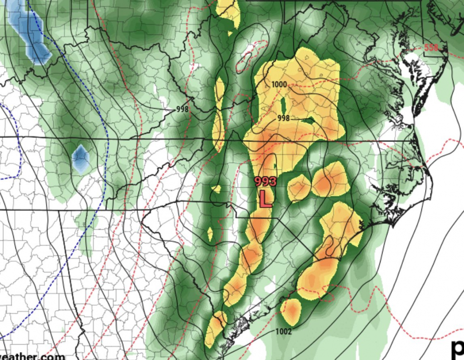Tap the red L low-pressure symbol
265,199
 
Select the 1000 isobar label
280,84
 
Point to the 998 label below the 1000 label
283,118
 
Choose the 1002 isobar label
283,331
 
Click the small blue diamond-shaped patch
81,159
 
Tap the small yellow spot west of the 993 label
216,189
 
